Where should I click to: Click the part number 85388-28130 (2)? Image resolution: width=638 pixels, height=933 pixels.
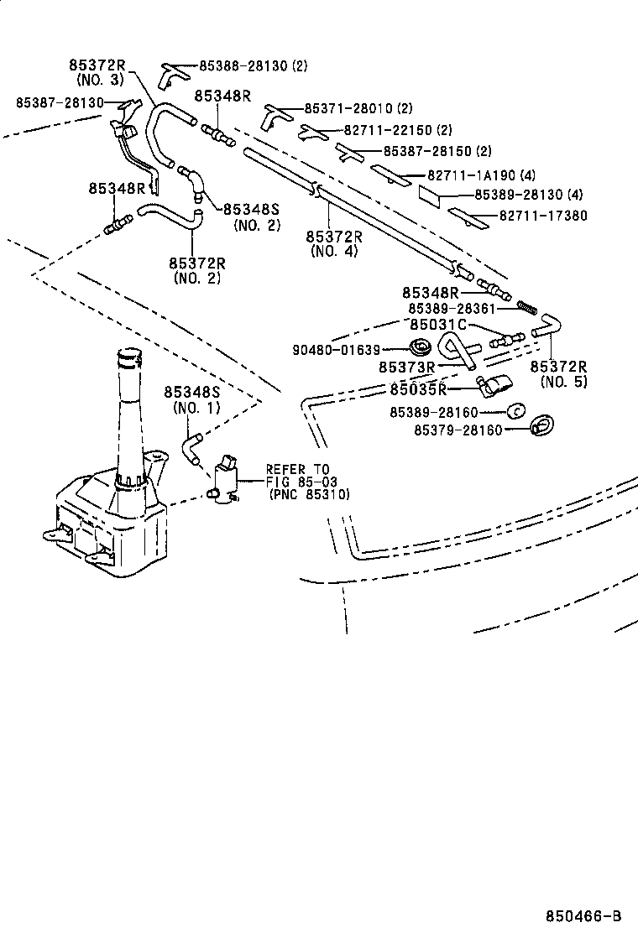click(254, 65)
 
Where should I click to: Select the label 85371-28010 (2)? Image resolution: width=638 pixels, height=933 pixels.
click(358, 109)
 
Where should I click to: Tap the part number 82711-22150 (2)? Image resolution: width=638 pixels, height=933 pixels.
click(398, 130)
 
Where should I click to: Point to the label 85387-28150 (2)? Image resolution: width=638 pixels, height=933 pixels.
click(437, 152)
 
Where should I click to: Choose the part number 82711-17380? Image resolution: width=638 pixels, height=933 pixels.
click(543, 216)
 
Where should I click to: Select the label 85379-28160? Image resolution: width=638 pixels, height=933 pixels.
click(458, 430)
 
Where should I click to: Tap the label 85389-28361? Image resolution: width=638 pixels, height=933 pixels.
click(458, 308)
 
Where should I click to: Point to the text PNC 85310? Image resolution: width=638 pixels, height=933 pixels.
click(311, 494)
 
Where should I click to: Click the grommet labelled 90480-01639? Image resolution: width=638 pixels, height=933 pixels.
click(419, 347)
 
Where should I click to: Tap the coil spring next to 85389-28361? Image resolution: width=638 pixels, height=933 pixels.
click(527, 306)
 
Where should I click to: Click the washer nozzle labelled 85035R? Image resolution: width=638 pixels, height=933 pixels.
click(492, 387)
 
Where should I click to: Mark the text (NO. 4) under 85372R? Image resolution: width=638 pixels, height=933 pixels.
click(333, 250)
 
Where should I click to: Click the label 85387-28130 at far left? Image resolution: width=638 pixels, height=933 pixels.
click(60, 102)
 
